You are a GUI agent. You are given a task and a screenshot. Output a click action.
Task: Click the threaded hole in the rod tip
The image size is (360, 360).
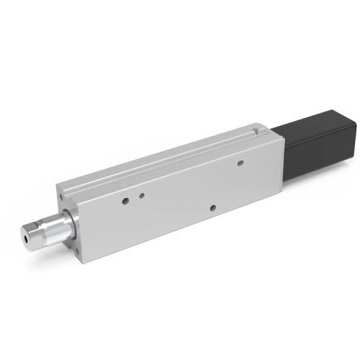pos(27,235)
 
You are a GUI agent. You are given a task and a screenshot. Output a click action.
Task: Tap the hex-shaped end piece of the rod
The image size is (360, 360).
pos(30,235)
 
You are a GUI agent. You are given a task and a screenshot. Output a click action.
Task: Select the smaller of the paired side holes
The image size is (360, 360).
pos(143,195)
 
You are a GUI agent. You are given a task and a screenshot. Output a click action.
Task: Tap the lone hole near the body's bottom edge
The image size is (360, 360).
pos(212,208)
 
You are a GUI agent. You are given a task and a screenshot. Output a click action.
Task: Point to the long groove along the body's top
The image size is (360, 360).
pos(166,160)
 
